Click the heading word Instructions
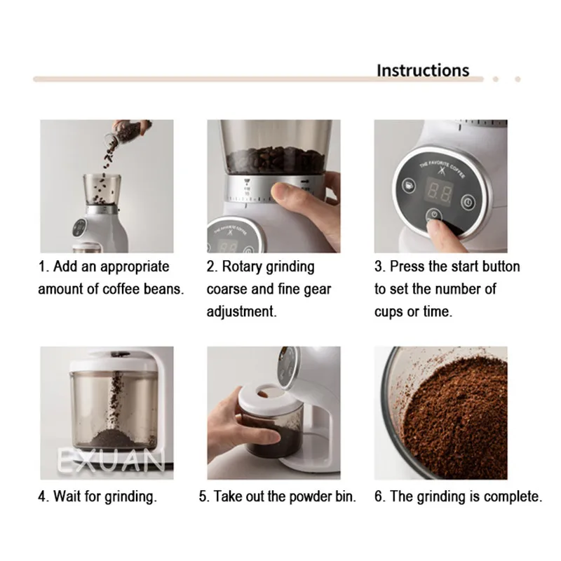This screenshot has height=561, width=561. pyautogui.click(x=423, y=71)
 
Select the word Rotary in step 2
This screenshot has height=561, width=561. pyautogui.click(x=241, y=267)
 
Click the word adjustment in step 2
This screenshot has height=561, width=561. pyautogui.click(x=241, y=311)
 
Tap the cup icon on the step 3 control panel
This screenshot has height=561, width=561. pyautogui.click(x=409, y=185)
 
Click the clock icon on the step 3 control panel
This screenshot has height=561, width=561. pyautogui.click(x=468, y=202)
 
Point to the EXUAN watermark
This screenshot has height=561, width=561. pyautogui.click(x=111, y=461)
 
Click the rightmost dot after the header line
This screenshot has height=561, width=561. pyautogui.click(x=518, y=79)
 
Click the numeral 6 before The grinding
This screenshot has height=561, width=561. pyautogui.click(x=379, y=496)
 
